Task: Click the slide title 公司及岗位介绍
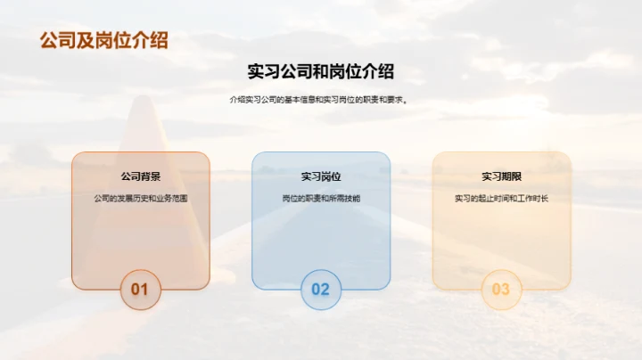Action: pos(104,40)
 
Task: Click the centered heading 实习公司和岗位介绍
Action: pos(321,72)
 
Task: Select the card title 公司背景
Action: pos(140,176)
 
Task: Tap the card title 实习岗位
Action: pos(321,176)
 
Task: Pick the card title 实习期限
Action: pos(501,176)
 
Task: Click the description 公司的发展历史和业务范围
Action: pos(140,198)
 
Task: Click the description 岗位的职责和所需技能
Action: pos(321,198)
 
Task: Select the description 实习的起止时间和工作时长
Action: pos(501,198)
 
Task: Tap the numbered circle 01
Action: pos(140,289)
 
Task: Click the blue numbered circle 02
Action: pos(321,289)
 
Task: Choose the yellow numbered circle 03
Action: pos(501,289)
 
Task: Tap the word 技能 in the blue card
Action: pos(352,198)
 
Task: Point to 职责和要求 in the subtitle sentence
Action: pos(388,100)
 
